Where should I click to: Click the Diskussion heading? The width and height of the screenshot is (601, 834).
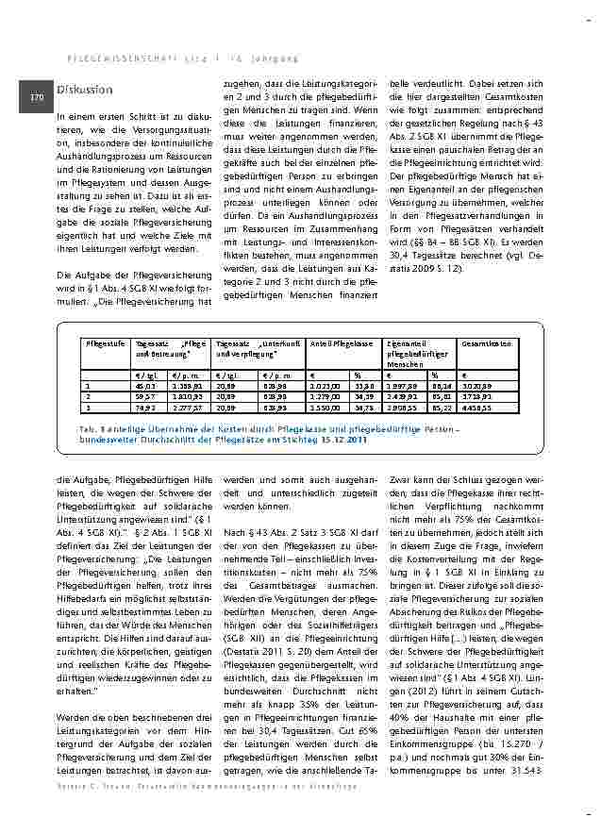(84, 90)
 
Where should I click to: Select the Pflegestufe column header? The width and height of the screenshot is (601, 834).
(106, 343)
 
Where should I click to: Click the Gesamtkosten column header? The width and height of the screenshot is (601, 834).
(487, 343)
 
